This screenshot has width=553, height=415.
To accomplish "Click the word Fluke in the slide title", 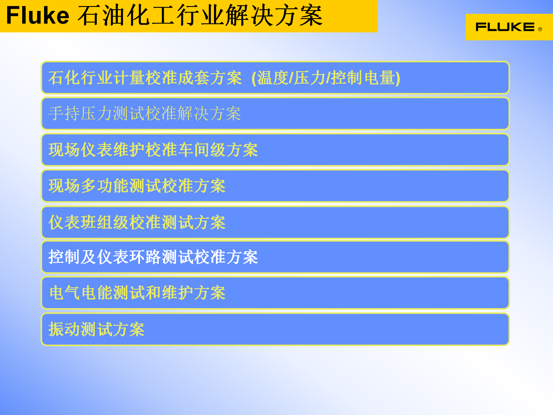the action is pos(38,16).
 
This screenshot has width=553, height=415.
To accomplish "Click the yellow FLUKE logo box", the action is pos(509,27).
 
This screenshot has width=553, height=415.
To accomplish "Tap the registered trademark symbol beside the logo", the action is pos(540,29).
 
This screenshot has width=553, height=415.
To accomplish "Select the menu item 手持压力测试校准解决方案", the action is pos(145,114).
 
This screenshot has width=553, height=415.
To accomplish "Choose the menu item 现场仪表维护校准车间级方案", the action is pos(153,150).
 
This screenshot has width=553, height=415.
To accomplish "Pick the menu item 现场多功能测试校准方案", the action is pos(137,186).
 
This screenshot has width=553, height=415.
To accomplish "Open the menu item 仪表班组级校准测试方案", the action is pos(137,222).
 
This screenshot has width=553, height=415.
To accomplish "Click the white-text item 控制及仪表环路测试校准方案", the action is pos(153,257).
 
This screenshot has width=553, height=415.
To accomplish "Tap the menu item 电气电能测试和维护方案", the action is pos(137,293).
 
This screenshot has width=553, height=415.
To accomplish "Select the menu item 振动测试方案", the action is pos(96,329).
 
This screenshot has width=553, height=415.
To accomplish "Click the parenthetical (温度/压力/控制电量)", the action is pos(326,78).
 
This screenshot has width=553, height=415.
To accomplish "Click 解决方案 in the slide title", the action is pos(274,16).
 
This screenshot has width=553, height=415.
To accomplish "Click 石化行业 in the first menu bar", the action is pos(81,78).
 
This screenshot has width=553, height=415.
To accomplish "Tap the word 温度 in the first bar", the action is pos(272,78).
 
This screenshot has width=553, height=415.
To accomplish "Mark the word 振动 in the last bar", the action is pos(64,329).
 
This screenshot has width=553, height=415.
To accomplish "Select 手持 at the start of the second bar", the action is pos(64,114).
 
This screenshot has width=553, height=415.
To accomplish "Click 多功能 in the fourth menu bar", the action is pos(105,186).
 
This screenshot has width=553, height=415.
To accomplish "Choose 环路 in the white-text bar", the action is pos(145,257).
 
